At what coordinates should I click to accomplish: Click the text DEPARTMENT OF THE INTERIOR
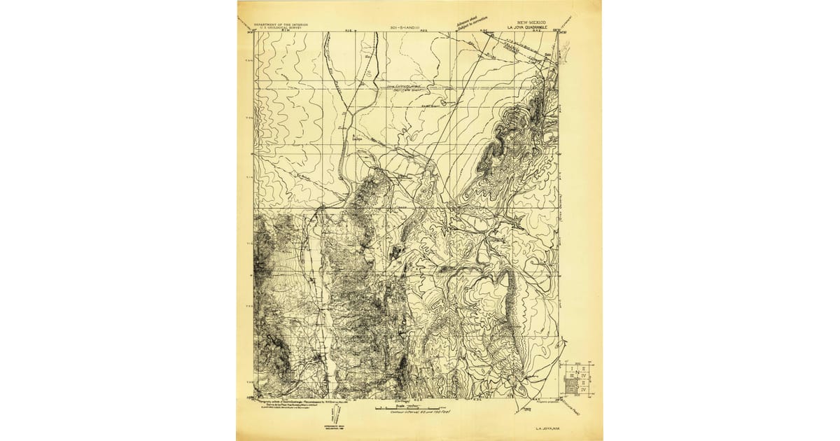pyautogui.click(x=280, y=24)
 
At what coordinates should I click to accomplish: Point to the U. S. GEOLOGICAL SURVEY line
pyautogui.click(x=280, y=27)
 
